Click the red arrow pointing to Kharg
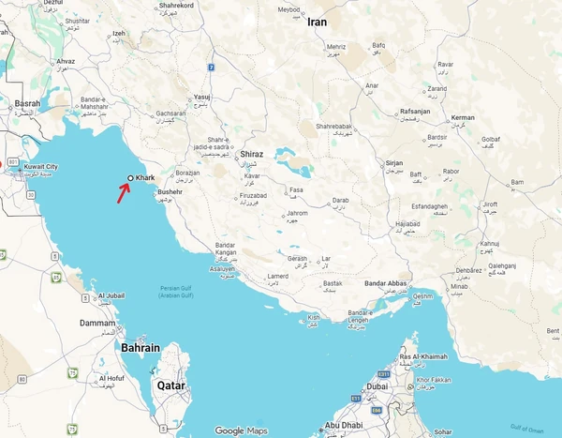pyautogui.click(x=124, y=190)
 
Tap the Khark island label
pyautogui.click(x=144, y=177)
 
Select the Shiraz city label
pyautogui.click(x=252, y=154)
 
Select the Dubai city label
pyautogui.click(x=377, y=385)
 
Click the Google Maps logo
pyautogui.click(x=241, y=430)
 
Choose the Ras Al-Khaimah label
pyautogui.click(x=423, y=357)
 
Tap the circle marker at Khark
pyautogui.click(x=130, y=177)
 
